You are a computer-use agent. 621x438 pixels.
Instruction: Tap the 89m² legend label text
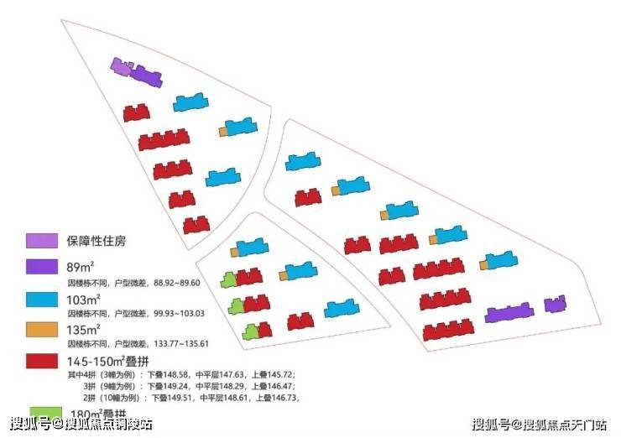(81, 267)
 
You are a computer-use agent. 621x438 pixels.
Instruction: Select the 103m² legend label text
(84, 299)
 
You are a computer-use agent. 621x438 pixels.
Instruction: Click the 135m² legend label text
(84, 330)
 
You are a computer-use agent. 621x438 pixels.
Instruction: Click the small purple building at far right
(555, 305)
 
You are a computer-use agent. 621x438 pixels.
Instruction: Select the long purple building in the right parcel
(509, 313)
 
